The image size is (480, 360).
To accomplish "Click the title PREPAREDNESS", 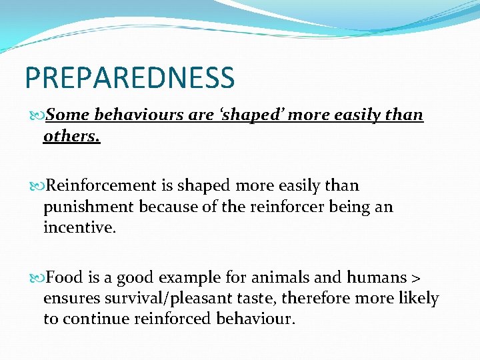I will [x=130, y=77].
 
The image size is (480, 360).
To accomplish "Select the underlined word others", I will [x=71, y=136].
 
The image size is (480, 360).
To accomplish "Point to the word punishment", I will [x=89, y=207].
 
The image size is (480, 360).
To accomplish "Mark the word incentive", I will [x=79, y=229].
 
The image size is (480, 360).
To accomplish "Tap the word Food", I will [x=65, y=277].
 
